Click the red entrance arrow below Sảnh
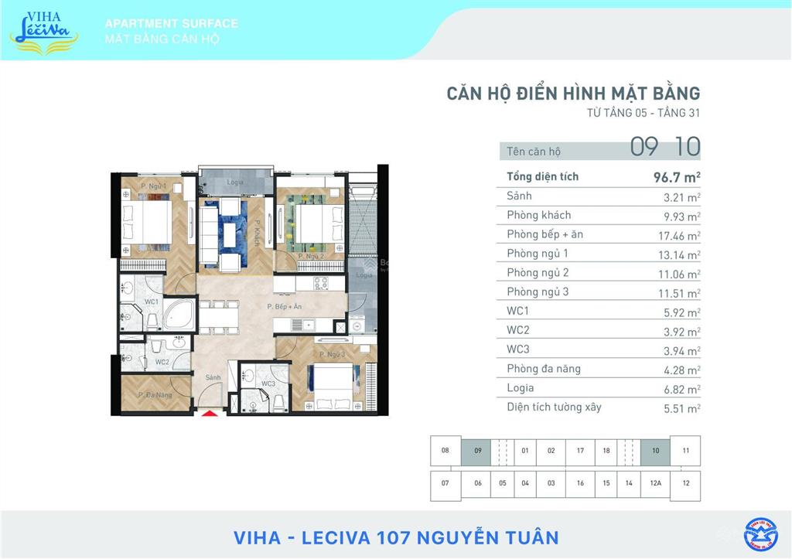[x=210, y=414]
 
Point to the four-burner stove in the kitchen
[x=319, y=282]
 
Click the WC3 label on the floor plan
[x=268, y=384]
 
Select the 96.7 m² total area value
[x=677, y=177]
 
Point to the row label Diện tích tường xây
[x=554, y=407]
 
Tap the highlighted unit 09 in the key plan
[x=477, y=451]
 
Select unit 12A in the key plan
[x=655, y=483]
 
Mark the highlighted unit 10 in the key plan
[x=655, y=451]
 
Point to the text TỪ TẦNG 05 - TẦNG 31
[x=643, y=114]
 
